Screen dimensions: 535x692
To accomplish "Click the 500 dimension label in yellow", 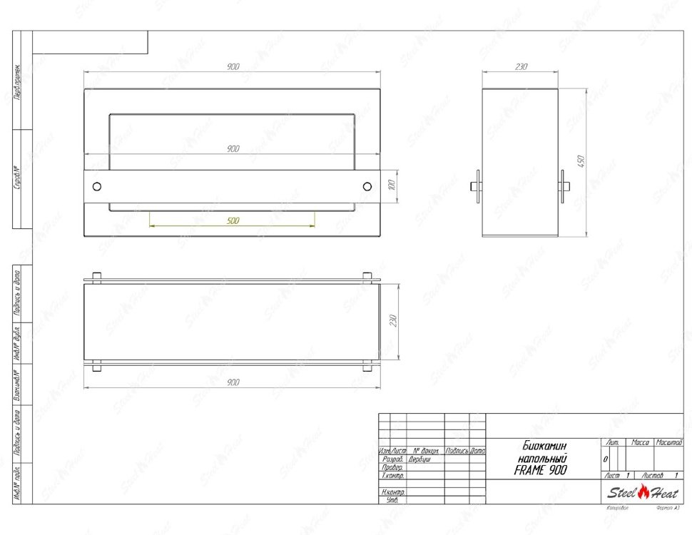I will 233,221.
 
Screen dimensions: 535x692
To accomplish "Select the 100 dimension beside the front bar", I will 390,185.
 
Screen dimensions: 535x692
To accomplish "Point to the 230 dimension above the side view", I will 520,66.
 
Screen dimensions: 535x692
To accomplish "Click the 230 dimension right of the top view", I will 390,321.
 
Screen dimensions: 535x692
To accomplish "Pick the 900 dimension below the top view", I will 233,382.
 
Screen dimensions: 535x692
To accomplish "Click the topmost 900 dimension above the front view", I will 233,66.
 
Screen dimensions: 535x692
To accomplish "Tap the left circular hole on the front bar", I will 97,186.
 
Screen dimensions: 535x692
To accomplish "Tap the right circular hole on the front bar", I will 367,186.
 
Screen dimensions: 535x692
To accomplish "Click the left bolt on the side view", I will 477,187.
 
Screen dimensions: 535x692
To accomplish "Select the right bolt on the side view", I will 565,187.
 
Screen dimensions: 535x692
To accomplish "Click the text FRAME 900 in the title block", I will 540,470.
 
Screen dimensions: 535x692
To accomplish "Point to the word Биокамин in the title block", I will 540,445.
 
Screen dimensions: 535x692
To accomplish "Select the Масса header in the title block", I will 640,442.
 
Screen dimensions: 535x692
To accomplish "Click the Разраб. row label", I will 393,459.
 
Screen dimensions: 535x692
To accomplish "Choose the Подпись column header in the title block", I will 457,451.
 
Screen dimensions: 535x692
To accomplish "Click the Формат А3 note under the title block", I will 667,508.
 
